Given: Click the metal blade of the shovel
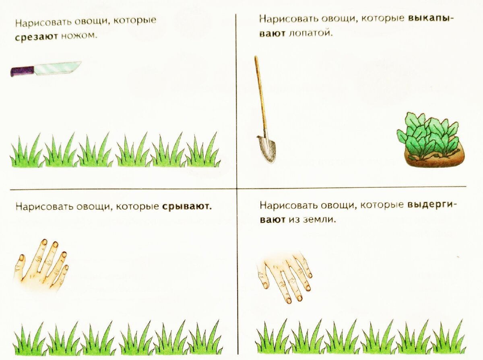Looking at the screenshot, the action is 267,148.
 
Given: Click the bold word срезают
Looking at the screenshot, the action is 36,37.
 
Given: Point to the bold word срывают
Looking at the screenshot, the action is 187,206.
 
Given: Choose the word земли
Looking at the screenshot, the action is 320,219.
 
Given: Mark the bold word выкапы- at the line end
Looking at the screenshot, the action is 431,18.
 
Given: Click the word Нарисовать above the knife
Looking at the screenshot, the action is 43,23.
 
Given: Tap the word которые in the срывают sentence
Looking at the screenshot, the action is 137,206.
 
